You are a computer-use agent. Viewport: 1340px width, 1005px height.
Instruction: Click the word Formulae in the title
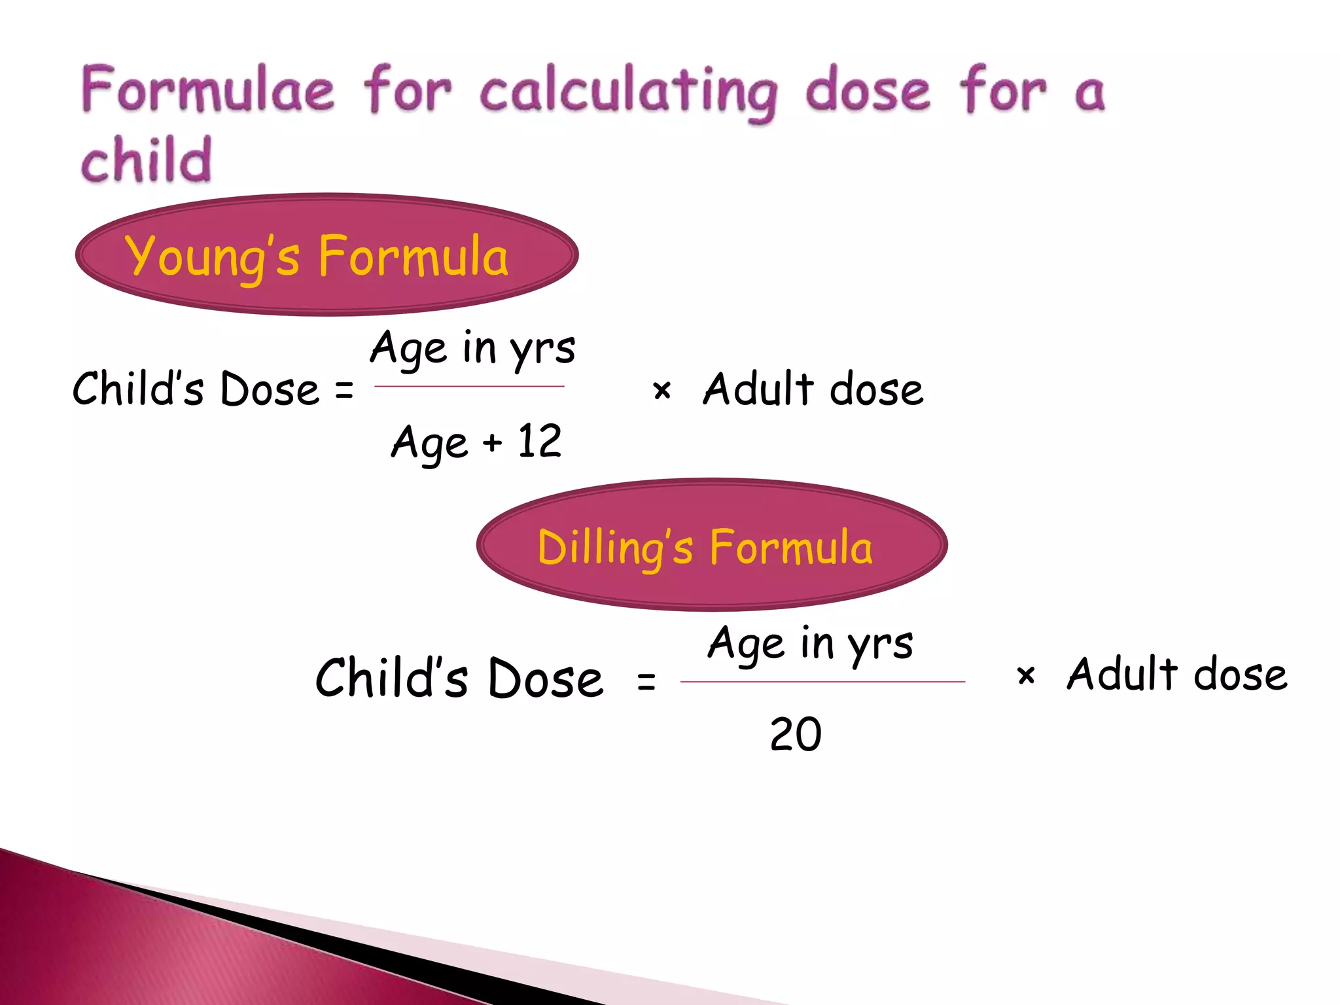(208, 90)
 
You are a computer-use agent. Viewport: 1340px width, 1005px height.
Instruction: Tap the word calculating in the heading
(628, 93)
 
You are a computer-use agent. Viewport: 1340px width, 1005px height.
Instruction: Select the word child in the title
(147, 160)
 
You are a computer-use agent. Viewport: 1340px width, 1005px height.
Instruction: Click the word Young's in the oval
(213, 257)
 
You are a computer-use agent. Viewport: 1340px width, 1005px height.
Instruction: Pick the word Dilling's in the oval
(614, 548)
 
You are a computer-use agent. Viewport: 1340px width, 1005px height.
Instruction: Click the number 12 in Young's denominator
(539, 441)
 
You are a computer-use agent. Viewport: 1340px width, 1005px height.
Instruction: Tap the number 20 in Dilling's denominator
(795, 734)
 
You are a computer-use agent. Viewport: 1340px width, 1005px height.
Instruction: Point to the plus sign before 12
(492, 444)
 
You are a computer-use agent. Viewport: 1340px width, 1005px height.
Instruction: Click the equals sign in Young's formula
(344, 391)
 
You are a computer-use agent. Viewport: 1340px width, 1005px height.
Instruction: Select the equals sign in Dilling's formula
(646, 681)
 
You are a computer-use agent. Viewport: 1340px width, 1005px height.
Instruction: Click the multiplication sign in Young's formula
(662, 391)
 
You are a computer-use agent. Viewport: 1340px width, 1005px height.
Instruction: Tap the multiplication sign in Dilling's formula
(1026, 675)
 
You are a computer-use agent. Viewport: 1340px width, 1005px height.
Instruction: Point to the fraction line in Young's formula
(469, 386)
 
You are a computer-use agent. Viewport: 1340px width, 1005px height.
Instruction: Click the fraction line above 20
(822, 682)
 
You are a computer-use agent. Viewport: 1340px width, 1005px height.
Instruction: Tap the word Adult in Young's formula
(758, 389)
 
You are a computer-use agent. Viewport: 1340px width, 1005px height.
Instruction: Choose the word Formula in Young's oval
(413, 257)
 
